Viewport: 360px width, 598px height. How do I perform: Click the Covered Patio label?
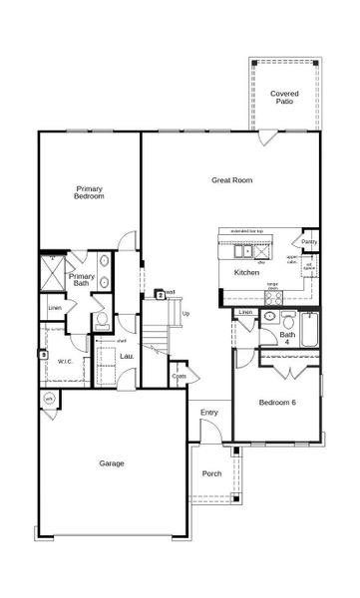click(284, 98)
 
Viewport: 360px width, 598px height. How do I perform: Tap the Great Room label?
click(231, 180)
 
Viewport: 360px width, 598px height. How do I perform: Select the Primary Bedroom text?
click(91, 192)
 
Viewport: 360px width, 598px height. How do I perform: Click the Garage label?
click(112, 464)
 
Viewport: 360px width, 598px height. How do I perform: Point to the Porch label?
click(211, 473)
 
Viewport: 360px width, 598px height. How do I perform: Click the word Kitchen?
click(247, 272)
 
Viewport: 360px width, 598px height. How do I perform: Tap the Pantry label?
click(309, 241)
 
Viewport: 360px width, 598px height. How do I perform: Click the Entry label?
click(208, 412)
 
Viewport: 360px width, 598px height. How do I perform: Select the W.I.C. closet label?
click(66, 362)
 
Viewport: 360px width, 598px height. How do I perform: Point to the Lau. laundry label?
click(127, 356)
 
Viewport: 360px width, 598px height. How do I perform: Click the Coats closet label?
click(179, 377)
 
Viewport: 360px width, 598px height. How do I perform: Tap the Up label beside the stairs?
click(185, 314)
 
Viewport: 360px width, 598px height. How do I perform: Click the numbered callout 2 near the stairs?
click(160, 294)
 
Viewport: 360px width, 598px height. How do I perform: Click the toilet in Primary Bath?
click(102, 321)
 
